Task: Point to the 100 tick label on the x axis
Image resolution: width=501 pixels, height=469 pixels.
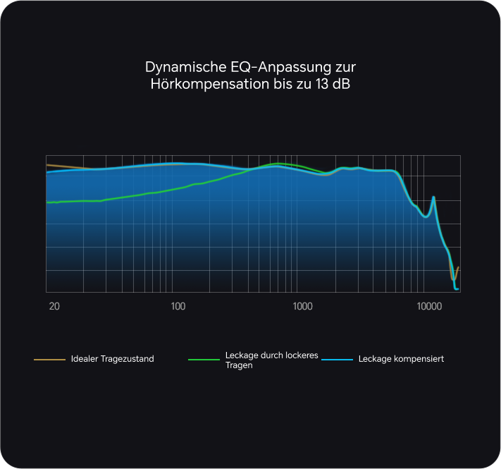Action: pos(178,306)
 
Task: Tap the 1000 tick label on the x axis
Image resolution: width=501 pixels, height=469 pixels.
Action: pos(302,306)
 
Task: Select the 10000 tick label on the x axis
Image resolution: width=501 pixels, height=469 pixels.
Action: pos(428,306)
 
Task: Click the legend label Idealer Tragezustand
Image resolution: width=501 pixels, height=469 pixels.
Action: pos(112,359)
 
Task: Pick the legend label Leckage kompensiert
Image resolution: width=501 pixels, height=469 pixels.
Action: pos(401,359)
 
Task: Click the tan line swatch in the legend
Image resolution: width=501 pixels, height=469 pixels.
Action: pos(49,360)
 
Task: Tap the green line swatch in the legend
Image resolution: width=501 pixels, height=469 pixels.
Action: pos(204,360)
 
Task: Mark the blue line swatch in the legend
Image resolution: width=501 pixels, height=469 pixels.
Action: pos(337,360)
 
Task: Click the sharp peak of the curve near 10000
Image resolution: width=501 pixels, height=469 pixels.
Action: pos(433,197)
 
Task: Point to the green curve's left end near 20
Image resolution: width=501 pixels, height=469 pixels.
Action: pos(48,202)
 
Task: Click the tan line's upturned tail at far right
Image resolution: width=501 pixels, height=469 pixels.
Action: pos(458,269)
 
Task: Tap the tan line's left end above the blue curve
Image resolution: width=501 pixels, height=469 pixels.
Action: pos(48,165)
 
